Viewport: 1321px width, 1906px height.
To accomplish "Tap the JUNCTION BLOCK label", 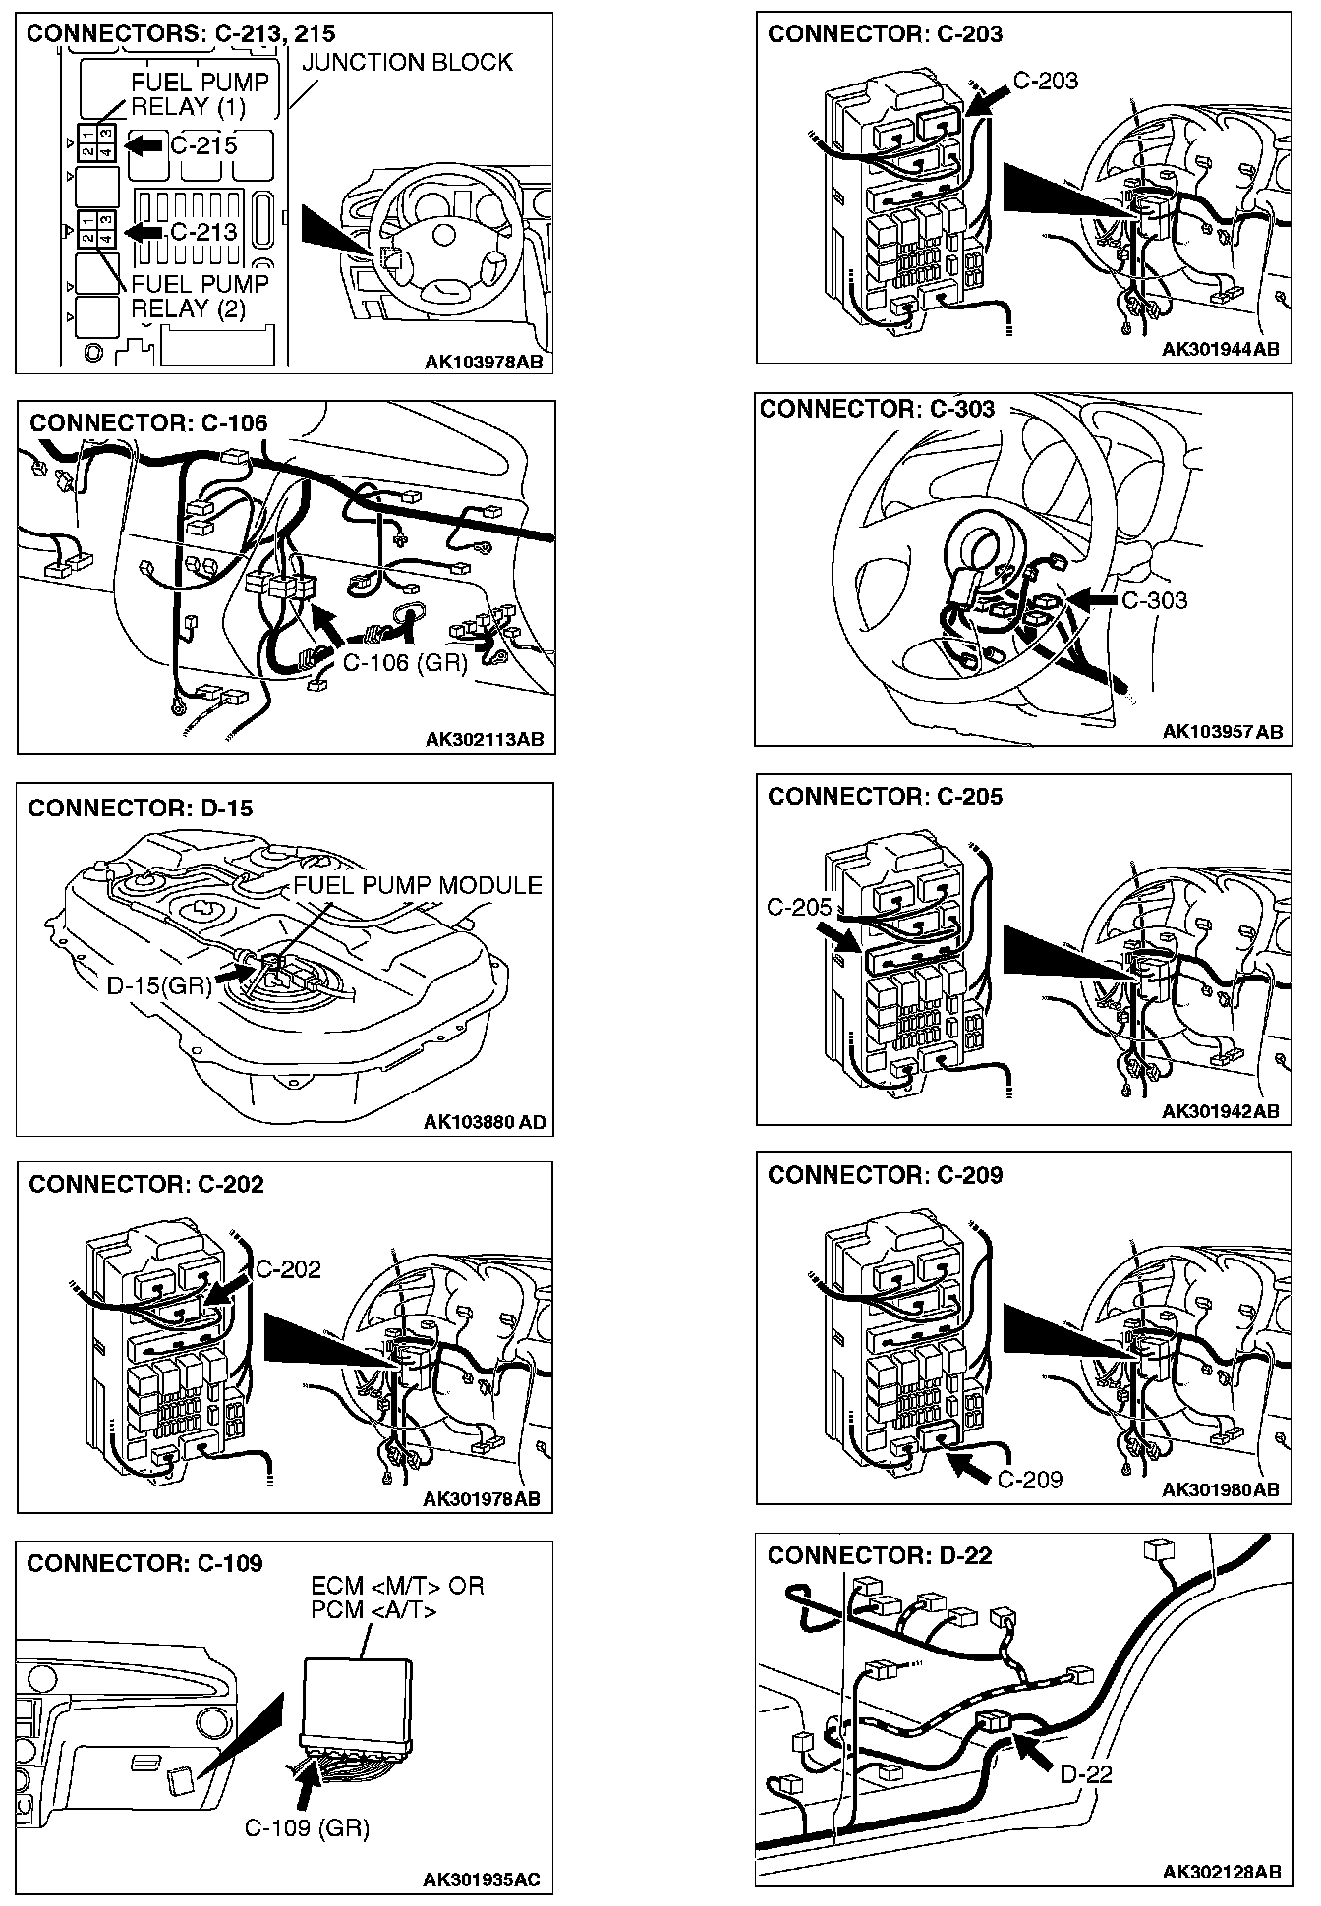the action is (x=407, y=63).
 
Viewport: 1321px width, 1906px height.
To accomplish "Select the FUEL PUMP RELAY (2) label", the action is (x=200, y=296).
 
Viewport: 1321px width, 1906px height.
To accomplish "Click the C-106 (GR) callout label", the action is (x=405, y=662).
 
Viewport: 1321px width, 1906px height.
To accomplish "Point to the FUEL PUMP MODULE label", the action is (x=418, y=885).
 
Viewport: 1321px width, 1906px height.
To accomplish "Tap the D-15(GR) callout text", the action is (x=159, y=984).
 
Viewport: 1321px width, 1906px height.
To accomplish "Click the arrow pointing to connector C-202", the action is (x=230, y=1286).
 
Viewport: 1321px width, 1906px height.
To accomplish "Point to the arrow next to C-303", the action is (x=1092, y=599).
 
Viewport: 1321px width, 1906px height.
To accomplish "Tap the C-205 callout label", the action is (x=799, y=907).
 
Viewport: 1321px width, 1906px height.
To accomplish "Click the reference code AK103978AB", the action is (x=483, y=363).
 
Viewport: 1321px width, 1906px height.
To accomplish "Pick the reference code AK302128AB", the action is (x=1222, y=1872).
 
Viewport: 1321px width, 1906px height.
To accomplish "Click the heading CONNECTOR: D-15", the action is (x=141, y=808).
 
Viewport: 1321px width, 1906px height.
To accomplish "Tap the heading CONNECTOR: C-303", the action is (x=878, y=409).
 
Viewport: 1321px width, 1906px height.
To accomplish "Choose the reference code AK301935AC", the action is (x=482, y=1879).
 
